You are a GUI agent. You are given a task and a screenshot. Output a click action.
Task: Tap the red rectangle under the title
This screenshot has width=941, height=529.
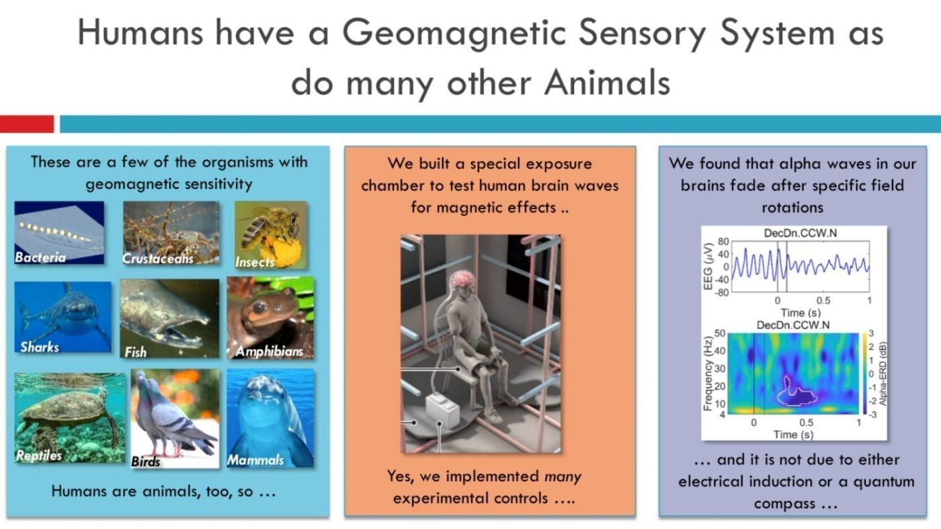(27, 124)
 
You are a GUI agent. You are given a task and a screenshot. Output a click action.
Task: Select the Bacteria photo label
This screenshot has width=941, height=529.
(40, 257)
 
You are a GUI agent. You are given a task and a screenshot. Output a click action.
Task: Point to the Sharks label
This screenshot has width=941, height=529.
(40, 347)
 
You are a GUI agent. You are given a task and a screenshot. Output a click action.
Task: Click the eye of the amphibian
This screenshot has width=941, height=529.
(259, 308)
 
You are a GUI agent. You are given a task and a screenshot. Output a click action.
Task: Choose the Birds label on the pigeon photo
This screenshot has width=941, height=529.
(145, 461)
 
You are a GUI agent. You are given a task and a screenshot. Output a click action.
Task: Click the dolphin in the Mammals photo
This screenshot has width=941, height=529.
(269, 420)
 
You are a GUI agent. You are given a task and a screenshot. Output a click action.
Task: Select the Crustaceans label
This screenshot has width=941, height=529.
(157, 258)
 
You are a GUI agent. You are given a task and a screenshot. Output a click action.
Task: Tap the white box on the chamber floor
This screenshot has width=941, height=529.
(443, 409)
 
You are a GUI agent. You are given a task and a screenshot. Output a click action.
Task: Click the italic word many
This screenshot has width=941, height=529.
(563, 477)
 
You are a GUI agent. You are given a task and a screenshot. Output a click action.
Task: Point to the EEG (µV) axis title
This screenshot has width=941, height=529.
(708, 266)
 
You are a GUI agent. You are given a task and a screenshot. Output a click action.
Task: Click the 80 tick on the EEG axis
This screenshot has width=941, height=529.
(723, 241)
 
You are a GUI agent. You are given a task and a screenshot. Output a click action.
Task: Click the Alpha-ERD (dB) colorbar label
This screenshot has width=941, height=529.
(883, 374)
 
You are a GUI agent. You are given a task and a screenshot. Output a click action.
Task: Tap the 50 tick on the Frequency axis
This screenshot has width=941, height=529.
(720, 333)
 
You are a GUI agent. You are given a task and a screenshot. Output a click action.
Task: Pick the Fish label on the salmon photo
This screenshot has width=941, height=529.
(135, 352)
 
